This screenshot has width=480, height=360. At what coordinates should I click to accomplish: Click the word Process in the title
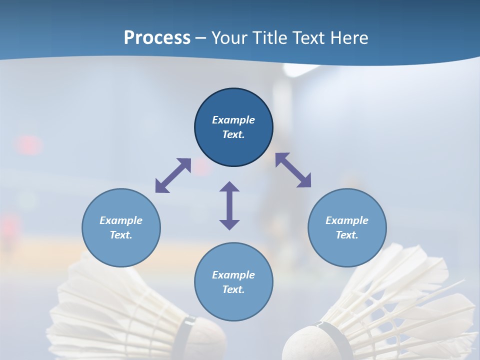[x=157, y=38]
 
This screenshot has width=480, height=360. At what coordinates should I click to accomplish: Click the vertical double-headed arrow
[x=229, y=205]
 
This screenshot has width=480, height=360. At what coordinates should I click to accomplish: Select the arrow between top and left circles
[x=173, y=175]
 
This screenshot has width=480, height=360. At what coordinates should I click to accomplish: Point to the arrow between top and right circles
[x=293, y=170]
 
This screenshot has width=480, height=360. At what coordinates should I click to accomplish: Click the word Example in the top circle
[x=233, y=120]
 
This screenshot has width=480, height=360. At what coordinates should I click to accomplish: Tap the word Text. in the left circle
[x=121, y=235]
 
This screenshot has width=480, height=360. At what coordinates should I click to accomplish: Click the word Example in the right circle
[x=347, y=220]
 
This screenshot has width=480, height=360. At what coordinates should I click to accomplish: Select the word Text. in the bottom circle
[x=233, y=289]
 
